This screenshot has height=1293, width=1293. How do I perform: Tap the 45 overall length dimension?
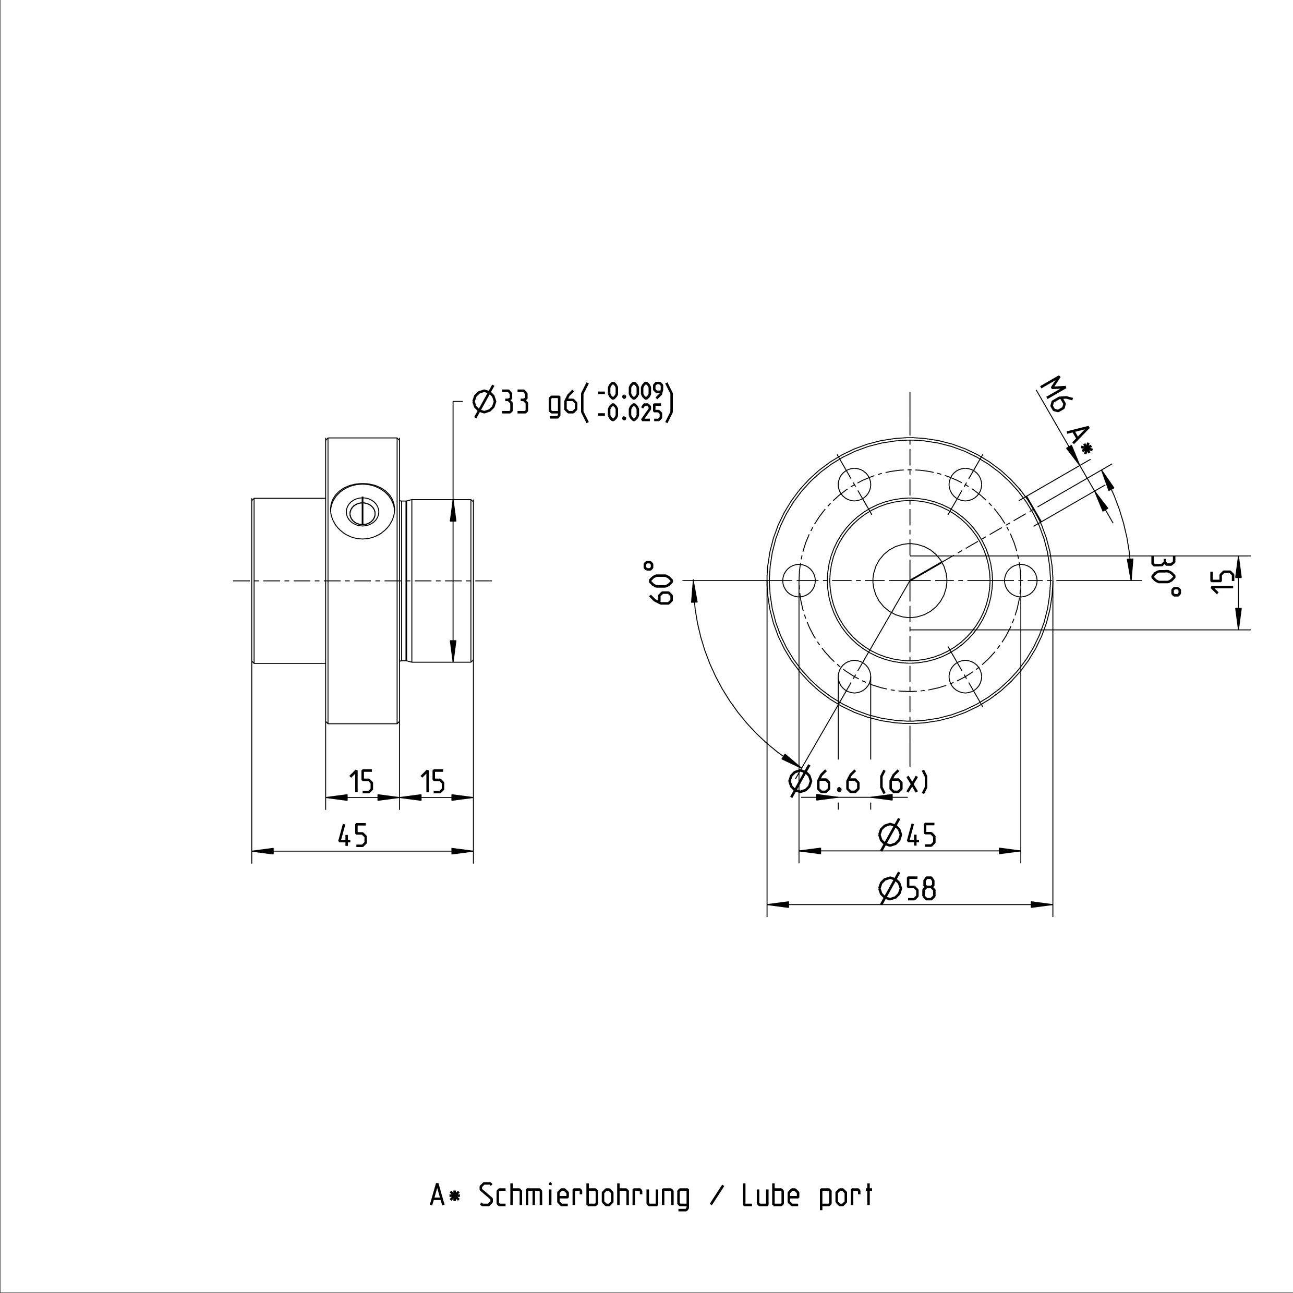tap(353, 835)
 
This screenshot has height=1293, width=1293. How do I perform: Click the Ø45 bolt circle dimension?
tap(907, 835)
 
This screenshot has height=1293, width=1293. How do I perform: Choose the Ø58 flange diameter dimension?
tap(907, 888)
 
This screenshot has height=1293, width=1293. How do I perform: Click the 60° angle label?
tap(658, 583)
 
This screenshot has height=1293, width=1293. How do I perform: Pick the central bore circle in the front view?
tap(910, 580)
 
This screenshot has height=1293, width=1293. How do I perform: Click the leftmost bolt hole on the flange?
tap(799, 580)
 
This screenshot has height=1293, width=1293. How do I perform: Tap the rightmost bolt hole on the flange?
tap(1021, 580)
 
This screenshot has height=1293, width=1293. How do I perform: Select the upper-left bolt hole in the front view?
tap(855, 485)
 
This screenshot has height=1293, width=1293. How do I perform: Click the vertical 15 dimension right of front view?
tap(1224, 580)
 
